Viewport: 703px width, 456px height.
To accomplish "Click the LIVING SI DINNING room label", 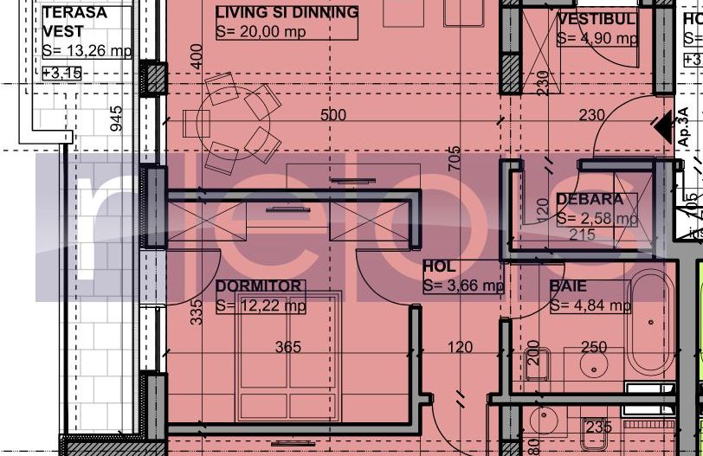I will coord(286,13).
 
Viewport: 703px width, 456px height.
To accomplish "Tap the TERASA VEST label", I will coord(74,22).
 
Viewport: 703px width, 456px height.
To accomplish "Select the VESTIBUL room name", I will coord(597,19).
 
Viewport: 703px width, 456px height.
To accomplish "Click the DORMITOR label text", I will coord(259,286).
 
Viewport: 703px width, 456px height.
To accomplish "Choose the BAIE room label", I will coord(568,286).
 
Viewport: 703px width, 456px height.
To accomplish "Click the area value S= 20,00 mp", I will coord(261,32).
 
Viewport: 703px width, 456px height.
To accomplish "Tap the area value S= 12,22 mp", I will coord(261,305).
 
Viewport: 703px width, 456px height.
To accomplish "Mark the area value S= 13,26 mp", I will coord(87,51).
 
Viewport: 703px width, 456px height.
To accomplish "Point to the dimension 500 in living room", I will coord(332,115).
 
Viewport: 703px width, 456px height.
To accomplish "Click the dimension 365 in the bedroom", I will coord(287,347).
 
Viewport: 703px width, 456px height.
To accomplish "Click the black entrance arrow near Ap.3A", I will coord(663,128).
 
